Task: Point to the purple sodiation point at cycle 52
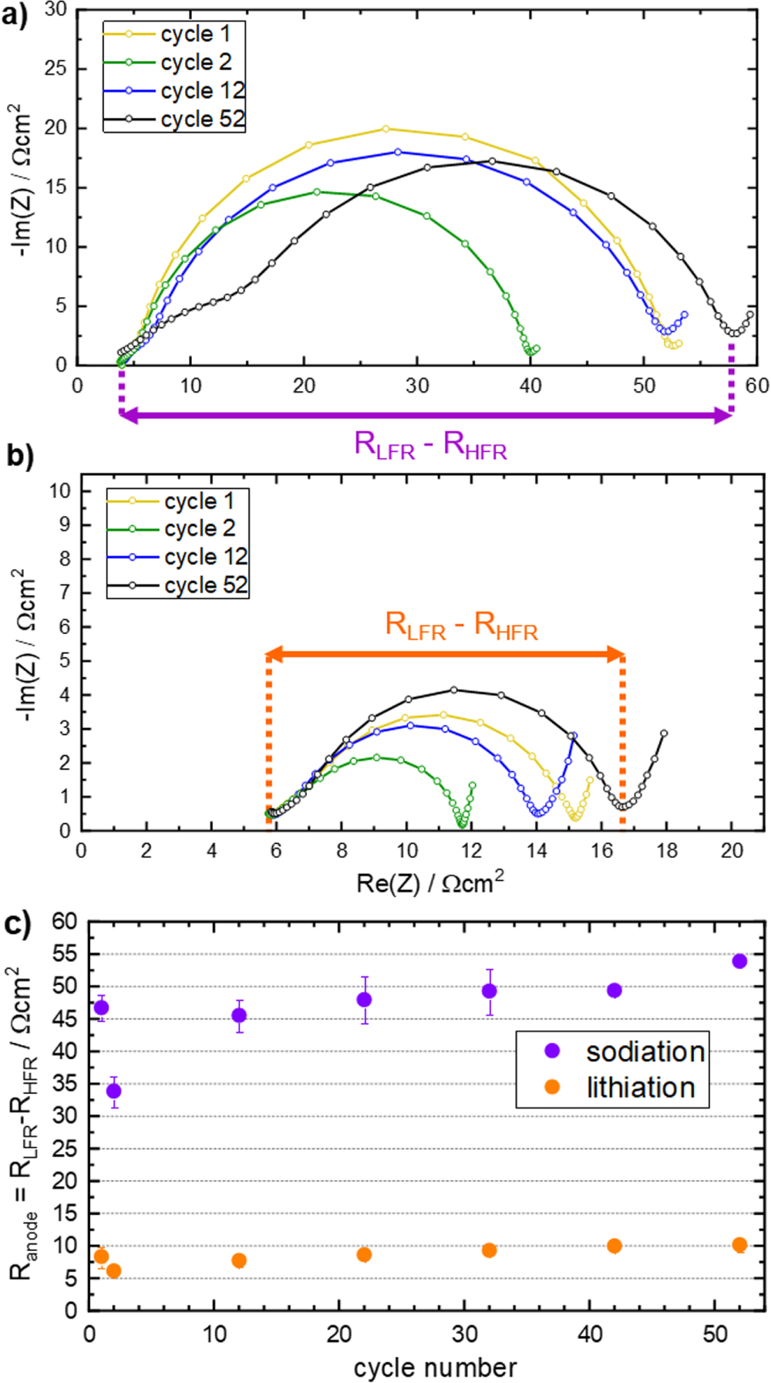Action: coord(739,961)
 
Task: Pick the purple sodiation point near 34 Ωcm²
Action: coord(113,1091)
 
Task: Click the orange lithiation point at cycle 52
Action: coord(739,1245)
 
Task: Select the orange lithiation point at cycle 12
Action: coord(239,1260)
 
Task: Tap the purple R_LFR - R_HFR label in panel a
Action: coord(430,446)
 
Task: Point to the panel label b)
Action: coord(19,456)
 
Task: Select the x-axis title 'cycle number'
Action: coord(435,1368)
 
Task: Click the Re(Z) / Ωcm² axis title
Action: coord(430,882)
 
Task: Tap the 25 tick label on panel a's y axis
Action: coord(56,69)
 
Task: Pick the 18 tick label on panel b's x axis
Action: coord(666,851)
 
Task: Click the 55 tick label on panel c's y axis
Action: coord(65,954)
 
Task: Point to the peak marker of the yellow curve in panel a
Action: coord(385,129)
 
